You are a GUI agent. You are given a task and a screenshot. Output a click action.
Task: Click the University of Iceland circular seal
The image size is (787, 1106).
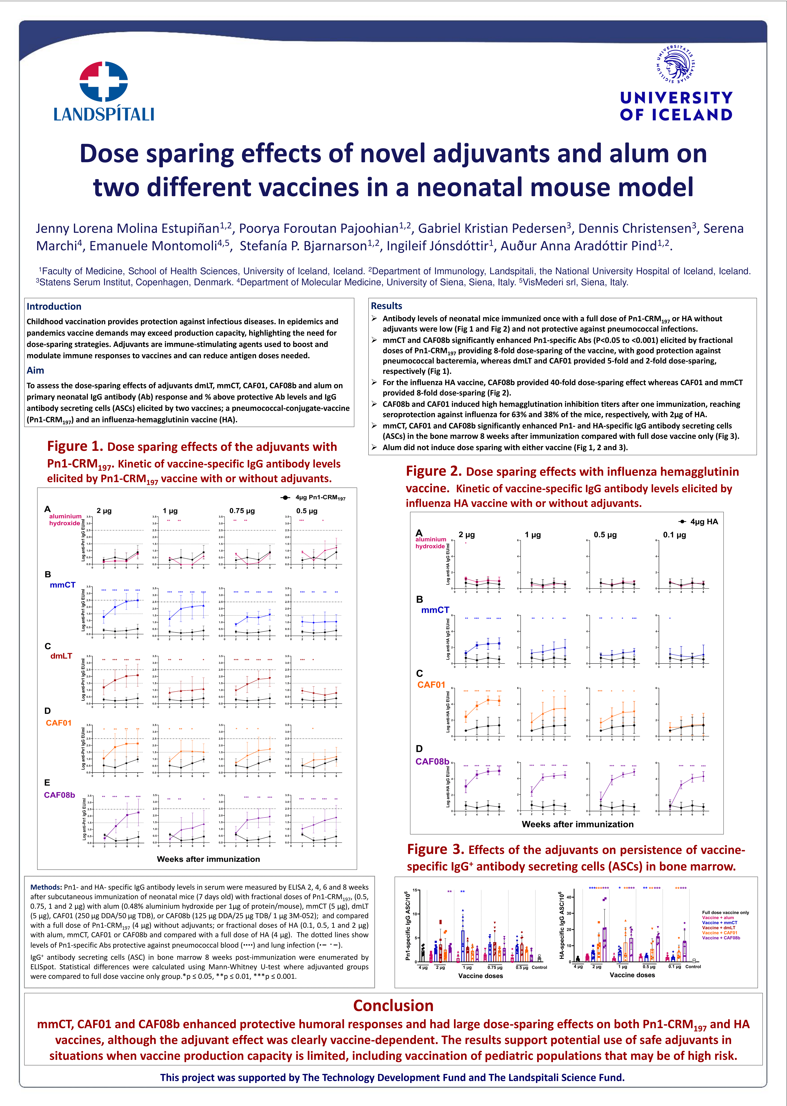(x=676, y=63)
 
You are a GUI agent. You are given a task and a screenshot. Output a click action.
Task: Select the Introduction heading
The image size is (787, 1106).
(x=54, y=306)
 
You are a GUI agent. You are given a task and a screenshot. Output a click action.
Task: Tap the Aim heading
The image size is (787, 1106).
(x=35, y=370)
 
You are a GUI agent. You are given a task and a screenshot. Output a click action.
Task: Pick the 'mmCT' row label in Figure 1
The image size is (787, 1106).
(x=62, y=585)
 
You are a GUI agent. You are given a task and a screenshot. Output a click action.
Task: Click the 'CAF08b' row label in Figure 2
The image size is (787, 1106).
(x=432, y=761)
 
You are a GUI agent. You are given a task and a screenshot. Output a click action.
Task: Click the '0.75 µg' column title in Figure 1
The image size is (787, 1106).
(x=242, y=511)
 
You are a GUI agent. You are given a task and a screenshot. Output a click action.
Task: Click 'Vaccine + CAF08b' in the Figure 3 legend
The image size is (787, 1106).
(x=721, y=938)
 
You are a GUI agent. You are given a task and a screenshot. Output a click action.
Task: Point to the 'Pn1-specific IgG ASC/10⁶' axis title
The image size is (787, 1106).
(x=408, y=926)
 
